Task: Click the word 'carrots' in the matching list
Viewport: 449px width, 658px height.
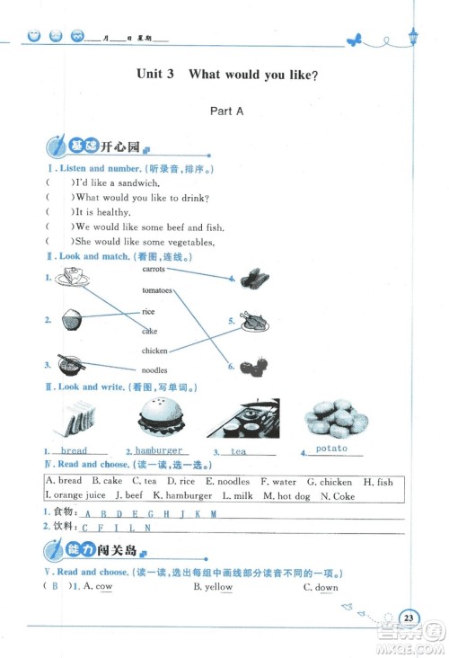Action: click(154, 268)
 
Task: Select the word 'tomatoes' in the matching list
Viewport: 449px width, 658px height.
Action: click(156, 290)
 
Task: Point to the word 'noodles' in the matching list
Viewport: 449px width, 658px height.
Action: click(154, 370)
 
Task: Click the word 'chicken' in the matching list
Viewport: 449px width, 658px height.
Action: click(154, 351)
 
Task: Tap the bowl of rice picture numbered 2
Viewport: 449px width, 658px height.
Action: click(73, 319)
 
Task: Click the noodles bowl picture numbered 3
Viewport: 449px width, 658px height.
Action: click(70, 364)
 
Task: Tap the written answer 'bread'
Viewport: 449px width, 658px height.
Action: click(74, 450)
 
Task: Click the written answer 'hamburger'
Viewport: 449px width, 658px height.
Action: click(159, 450)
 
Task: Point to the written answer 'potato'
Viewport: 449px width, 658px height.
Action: click(331, 449)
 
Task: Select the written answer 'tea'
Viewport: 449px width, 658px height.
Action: click(238, 451)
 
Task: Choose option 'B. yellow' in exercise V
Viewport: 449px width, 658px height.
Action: click(213, 587)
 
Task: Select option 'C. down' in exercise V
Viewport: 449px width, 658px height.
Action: click(321, 587)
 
